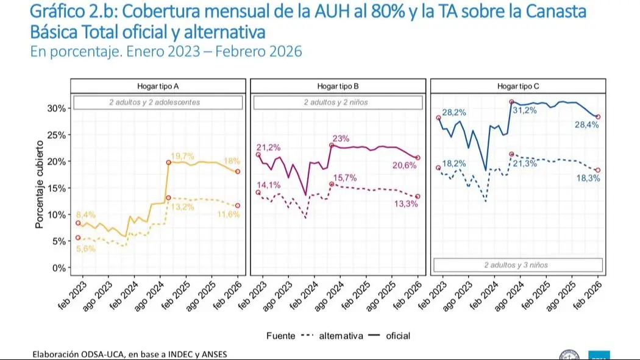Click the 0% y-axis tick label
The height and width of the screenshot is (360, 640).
(x=59, y=267)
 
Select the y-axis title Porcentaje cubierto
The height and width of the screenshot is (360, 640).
(x=40, y=184)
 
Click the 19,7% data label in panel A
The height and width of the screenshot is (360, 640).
(x=182, y=155)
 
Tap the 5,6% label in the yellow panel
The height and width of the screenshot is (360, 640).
(x=85, y=249)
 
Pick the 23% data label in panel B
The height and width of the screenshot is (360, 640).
(x=341, y=138)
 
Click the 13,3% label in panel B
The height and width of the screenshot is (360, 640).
(x=407, y=204)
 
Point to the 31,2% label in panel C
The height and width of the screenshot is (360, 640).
(x=525, y=110)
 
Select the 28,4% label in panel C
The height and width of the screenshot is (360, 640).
(x=586, y=125)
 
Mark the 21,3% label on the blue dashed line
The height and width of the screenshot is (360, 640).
(x=525, y=163)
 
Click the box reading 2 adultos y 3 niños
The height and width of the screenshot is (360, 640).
(x=517, y=265)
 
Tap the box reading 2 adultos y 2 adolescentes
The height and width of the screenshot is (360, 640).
(x=158, y=102)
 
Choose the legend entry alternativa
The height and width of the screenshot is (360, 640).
(x=341, y=336)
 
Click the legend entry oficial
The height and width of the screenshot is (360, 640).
(x=398, y=336)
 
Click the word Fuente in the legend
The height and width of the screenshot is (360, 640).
(x=280, y=336)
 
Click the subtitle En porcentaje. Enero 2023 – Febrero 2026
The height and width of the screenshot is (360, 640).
(x=166, y=52)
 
